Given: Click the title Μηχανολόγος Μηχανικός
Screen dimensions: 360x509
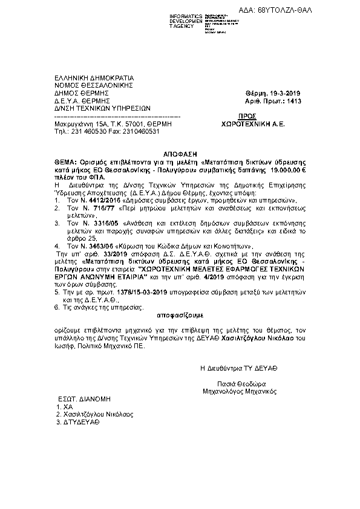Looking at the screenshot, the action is [240, 391].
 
